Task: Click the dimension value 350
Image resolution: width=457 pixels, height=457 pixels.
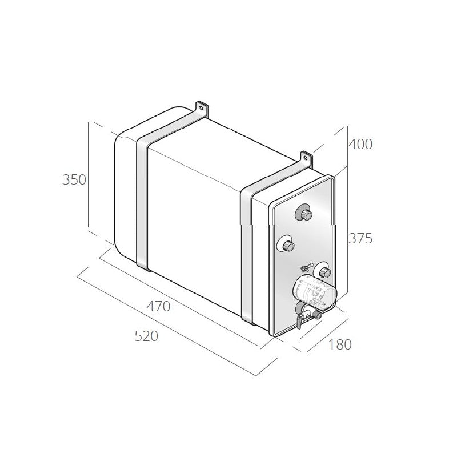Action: [74, 179]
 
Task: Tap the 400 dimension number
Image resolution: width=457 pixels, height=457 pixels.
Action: [360, 145]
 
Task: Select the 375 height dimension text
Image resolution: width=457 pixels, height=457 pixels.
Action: [360, 238]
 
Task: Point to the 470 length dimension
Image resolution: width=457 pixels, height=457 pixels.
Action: [158, 306]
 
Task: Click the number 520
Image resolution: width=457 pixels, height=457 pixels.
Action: [146, 336]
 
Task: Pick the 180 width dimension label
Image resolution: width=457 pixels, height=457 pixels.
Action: [340, 344]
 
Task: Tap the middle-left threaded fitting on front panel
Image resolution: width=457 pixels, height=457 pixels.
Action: [286, 246]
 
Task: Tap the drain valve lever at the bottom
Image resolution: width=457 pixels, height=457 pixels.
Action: [298, 323]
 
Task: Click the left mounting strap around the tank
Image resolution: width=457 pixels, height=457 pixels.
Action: [142, 200]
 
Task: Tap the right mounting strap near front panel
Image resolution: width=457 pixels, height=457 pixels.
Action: [247, 251]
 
